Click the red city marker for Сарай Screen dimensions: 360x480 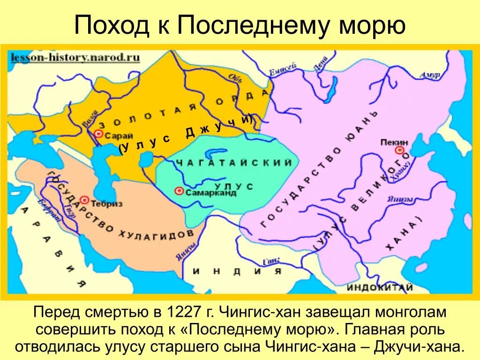pyautogui.click(x=98, y=134)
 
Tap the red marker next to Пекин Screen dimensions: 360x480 pyautogui.click(x=399, y=150)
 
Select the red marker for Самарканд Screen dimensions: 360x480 pyautogui.click(x=179, y=191)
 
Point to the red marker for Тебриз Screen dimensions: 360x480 pyautogui.click(x=85, y=200)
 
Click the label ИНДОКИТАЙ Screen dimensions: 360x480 pyautogui.click(x=380, y=287)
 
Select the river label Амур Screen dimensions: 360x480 pyautogui.click(x=430, y=75)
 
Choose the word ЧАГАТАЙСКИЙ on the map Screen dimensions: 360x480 pyautogui.click(x=234, y=163)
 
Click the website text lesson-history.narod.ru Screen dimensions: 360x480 pyautogui.click(x=75, y=57)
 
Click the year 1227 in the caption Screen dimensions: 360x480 pyautogui.click(x=180, y=312)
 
